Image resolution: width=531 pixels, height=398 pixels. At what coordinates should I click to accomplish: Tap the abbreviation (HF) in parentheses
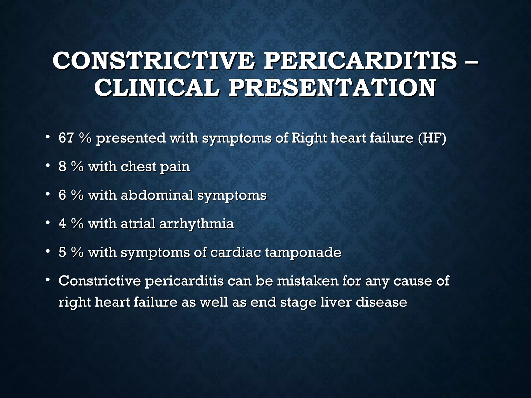[432, 138]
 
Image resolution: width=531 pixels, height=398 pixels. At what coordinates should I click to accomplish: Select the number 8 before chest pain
[62, 166]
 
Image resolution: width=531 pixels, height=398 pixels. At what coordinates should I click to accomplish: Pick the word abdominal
[157, 195]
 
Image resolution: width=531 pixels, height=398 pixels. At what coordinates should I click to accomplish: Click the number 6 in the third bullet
[62, 195]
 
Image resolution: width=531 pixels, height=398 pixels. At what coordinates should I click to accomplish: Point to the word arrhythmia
[197, 224]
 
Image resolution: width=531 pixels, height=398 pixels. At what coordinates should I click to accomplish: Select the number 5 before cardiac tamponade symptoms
[62, 252]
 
